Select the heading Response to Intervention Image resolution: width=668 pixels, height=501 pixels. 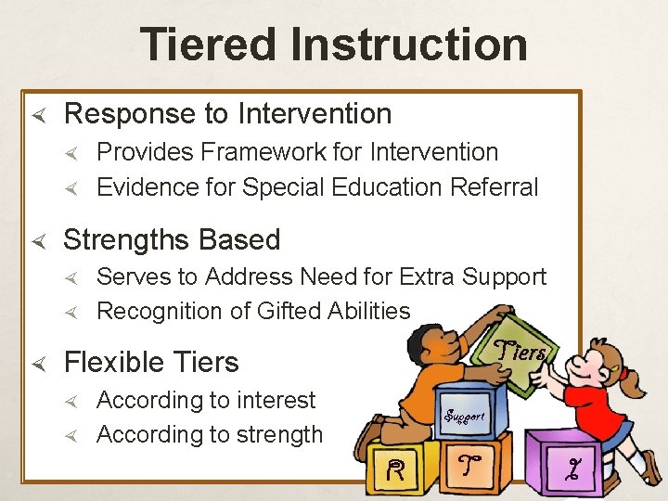point(227,114)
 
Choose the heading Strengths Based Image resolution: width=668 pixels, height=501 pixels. point(172,240)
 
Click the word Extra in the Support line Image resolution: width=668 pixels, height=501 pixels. point(428,277)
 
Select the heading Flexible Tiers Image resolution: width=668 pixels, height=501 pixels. point(151,362)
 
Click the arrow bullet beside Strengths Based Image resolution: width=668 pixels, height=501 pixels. point(38,240)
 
